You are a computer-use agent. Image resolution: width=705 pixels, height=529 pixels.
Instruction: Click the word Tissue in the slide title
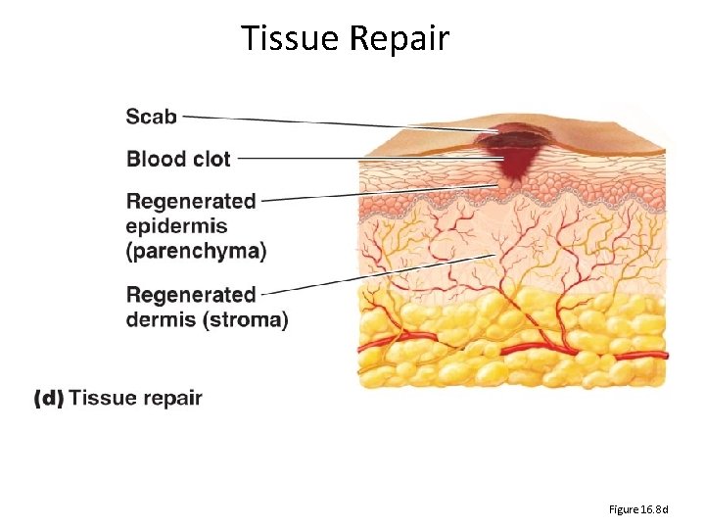pos(288,38)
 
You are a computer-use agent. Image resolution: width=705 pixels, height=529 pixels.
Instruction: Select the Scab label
pos(152,117)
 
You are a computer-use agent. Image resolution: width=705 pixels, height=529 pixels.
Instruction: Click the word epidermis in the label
pos(177,227)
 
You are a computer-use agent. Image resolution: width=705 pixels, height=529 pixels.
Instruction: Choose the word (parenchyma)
pos(196,251)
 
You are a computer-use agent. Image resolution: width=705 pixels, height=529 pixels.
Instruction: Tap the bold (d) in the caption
pos(49,398)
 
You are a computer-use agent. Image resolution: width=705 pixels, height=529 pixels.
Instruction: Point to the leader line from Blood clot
pos(372,158)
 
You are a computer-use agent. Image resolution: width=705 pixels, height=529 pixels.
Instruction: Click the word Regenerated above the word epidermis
pos(191,202)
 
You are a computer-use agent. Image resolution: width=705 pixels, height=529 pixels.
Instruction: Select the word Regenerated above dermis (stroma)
pos(191,295)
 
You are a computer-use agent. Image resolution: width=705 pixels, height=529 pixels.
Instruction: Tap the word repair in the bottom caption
pos(169,398)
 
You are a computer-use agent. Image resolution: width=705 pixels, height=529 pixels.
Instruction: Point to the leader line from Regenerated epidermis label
pos(382,191)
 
